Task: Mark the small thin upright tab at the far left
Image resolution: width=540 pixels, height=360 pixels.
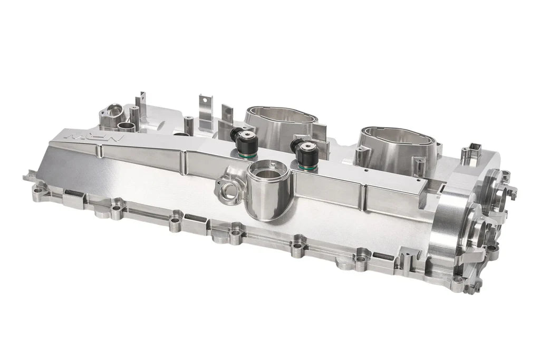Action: tap(141, 103)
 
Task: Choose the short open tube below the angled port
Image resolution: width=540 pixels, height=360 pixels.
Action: tap(127, 127)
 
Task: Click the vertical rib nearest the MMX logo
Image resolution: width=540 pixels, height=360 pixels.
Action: tap(100, 152)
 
